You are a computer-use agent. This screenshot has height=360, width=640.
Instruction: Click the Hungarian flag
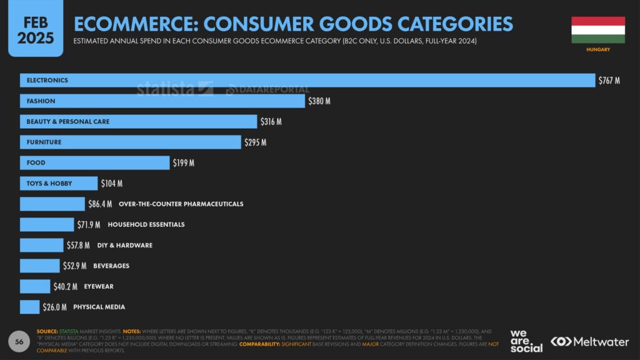tap(598, 30)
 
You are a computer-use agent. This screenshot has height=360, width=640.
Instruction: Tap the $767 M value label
tap(609, 81)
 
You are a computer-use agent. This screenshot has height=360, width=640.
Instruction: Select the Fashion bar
tap(162, 101)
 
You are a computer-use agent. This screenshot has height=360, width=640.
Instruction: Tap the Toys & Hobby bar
tap(59, 184)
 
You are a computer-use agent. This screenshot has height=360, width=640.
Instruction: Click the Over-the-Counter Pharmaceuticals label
tap(181, 204)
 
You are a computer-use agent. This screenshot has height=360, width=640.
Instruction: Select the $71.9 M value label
tap(89, 224)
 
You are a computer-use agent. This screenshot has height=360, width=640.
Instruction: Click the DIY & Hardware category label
tap(124, 245)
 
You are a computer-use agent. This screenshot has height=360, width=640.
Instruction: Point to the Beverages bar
tap(39, 266)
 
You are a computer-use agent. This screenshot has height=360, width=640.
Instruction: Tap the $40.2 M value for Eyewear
tap(65, 286)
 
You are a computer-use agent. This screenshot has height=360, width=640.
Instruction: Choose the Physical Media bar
tap(29, 307)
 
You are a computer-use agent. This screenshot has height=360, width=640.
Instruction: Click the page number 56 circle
tap(19, 341)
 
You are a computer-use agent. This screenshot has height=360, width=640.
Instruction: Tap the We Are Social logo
tap(526, 341)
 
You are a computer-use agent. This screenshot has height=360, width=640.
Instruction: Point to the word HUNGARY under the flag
tap(598, 49)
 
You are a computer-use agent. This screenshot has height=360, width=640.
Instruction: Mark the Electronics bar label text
tap(47, 81)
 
